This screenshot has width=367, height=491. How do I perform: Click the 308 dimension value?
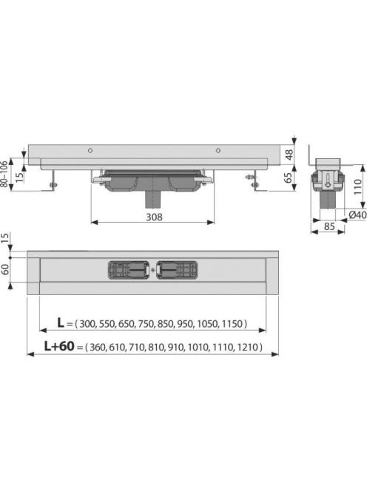point(154,217)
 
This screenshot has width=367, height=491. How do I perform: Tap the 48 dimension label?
point(289,154)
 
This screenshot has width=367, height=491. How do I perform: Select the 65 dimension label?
point(288,177)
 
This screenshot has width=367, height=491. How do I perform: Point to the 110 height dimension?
point(357,186)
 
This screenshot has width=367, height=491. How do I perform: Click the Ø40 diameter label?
point(357,214)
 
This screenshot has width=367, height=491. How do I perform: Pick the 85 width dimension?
point(329,226)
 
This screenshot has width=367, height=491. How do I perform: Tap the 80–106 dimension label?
point(4,174)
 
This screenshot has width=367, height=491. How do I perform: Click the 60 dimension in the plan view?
point(6,269)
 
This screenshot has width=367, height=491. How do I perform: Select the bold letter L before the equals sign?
point(61,322)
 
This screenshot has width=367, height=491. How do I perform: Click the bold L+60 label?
point(59,346)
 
